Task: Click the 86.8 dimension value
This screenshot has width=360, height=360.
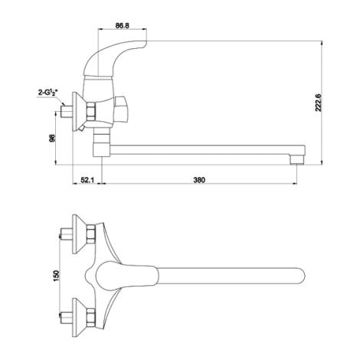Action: click(x=123, y=25)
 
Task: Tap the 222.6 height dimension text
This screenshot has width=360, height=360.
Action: click(x=318, y=103)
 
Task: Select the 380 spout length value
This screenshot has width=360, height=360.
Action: click(x=199, y=180)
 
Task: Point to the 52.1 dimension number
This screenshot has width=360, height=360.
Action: click(x=87, y=180)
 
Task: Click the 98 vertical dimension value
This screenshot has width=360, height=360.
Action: click(x=52, y=139)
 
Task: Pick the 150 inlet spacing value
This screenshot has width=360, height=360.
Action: click(x=56, y=275)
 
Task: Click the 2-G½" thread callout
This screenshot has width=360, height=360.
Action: click(x=48, y=93)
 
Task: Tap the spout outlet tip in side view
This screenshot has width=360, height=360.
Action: click(x=297, y=159)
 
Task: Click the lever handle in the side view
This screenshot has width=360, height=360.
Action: click(x=115, y=57)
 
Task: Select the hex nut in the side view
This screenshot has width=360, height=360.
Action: click(x=91, y=112)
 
